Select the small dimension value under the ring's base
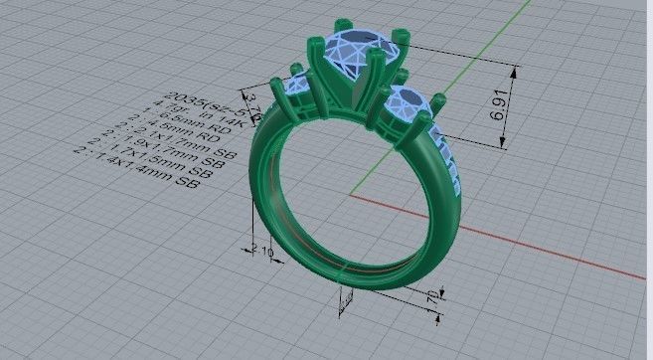pyautogui.click(x=434, y=297)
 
